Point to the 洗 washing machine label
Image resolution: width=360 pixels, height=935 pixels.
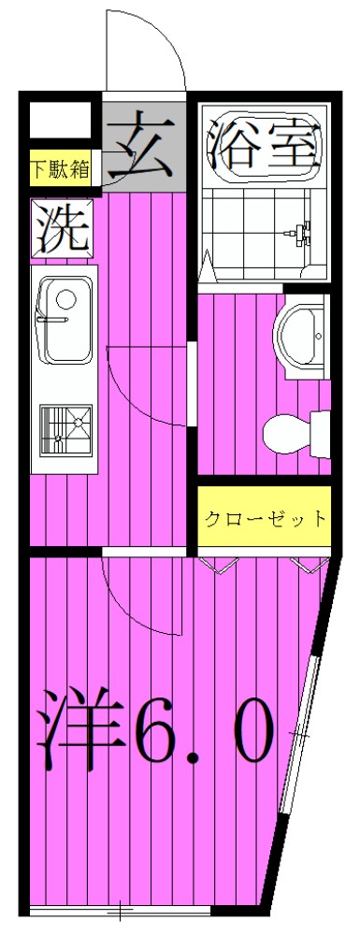point(62,227)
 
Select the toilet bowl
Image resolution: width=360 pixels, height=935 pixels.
point(291,432)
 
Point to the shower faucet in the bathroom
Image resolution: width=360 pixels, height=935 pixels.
point(303,231)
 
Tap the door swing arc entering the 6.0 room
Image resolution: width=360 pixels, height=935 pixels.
point(140,598)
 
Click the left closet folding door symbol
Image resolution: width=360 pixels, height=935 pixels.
point(220,564)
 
